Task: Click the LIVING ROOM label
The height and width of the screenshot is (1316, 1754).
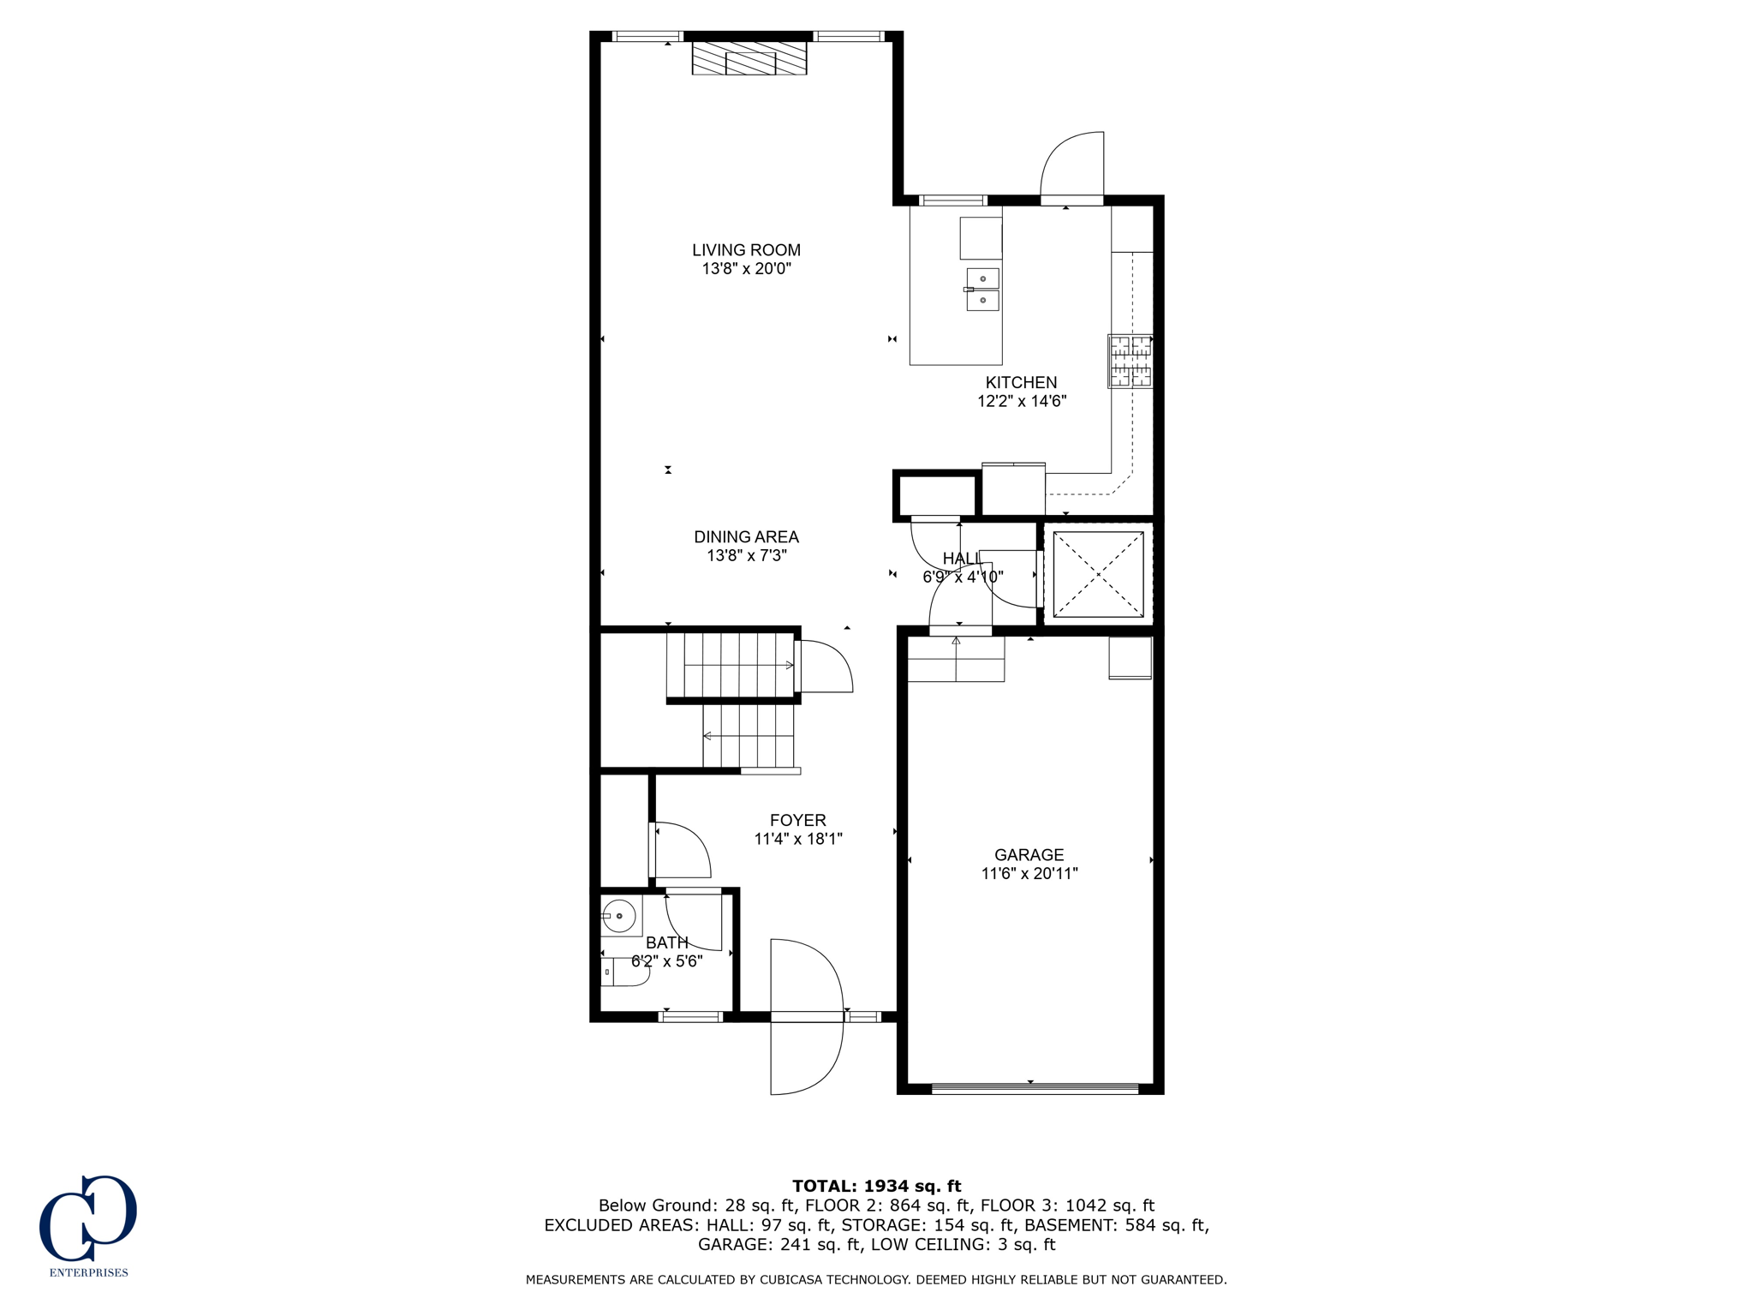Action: pyautogui.click(x=746, y=250)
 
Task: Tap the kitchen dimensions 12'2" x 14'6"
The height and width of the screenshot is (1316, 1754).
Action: pyautogui.click(x=1021, y=401)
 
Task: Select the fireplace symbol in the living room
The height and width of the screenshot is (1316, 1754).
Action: pyautogui.click(x=749, y=59)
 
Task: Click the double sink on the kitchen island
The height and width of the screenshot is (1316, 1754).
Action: pyautogui.click(x=982, y=290)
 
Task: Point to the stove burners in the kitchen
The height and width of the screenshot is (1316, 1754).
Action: pyautogui.click(x=1131, y=361)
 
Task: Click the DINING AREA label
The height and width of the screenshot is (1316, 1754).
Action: pyautogui.click(x=746, y=537)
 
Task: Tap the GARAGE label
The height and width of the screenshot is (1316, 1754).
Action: pyautogui.click(x=1029, y=855)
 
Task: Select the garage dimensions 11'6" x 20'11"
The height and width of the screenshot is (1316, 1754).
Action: pyautogui.click(x=1029, y=874)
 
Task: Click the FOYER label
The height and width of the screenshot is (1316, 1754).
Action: pyautogui.click(x=797, y=821)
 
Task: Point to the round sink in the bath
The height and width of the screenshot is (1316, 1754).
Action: pyautogui.click(x=618, y=916)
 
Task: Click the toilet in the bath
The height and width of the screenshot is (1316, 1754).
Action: pyautogui.click(x=613, y=972)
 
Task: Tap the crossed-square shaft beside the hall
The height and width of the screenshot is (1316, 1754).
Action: pyautogui.click(x=1098, y=574)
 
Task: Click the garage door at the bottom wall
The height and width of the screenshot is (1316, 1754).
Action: pyautogui.click(x=1035, y=1088)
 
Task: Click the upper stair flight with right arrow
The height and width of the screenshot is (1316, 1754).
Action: pyautogui.click(x=732, y=665)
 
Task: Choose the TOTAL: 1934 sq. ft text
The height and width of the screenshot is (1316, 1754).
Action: pyautogui.click(x=876, y=1186)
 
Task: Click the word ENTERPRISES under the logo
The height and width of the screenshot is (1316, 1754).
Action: pyautogui.click(x=88, y=1272)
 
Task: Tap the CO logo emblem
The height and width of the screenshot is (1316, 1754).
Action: pyautogui.click(x=87, y=1217)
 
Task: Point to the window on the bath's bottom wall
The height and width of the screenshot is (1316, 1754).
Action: pyautogui.click(x=689, y=1017)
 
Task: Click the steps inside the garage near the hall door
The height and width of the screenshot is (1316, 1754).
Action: pyautogui.click(x=955, y=659)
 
